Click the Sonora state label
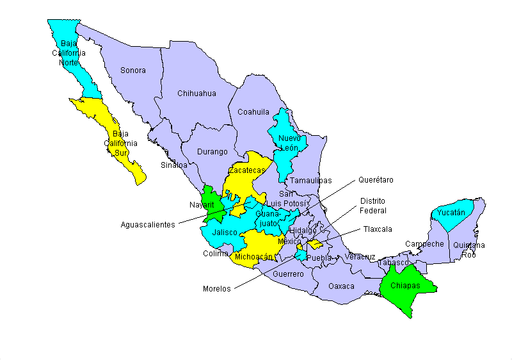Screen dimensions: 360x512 pos(133,70)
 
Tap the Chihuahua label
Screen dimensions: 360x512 pos(196,94)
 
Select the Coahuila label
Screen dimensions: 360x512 pos(253,112)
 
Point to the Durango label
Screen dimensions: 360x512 pos(212,152)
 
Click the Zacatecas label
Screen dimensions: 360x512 pos(247,171)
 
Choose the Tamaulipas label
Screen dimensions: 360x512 pos(310,181)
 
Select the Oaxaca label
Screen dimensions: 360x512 pos(341,286)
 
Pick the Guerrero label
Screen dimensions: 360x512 pos(288,274)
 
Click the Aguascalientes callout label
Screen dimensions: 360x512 pos(148,225)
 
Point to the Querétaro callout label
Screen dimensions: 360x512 pos(376,180)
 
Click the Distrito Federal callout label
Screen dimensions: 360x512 pos(372,206)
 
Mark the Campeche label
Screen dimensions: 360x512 pos(424,244)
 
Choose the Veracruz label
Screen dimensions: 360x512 pos(360,257)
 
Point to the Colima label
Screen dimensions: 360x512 pos(216,254)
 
